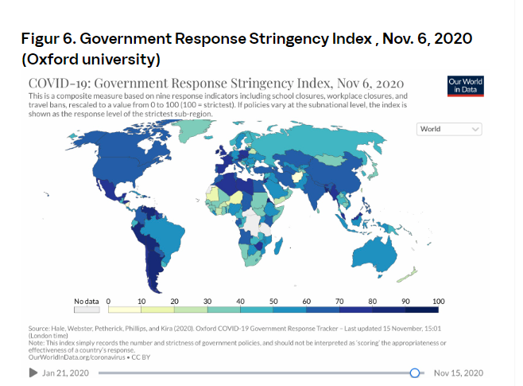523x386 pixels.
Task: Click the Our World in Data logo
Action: coord(465,86)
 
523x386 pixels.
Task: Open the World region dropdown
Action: coord(450,129)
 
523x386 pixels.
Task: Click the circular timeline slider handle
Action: coord(414,372)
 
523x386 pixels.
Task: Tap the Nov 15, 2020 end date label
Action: coord(458,372)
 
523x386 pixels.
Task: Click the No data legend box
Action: coord(87,310)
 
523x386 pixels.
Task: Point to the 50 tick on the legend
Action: coord(273,301)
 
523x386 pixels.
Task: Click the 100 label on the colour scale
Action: coord(437,301)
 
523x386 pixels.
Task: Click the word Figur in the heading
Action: coord(47,40)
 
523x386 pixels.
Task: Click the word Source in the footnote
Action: coord(39,327)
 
